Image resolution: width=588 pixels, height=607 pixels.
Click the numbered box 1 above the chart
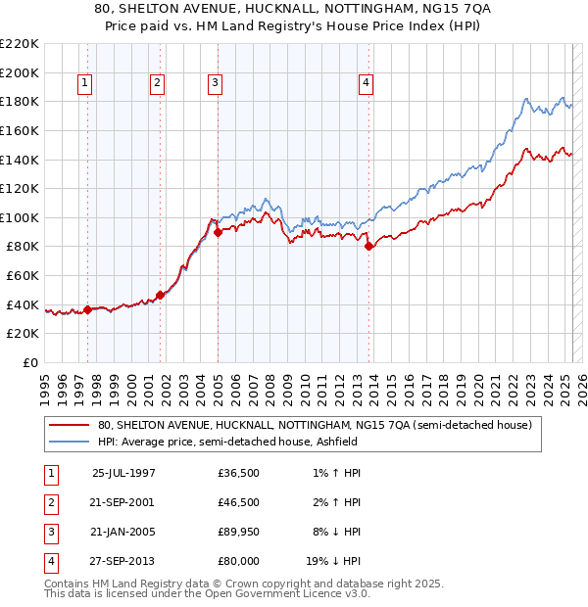coord(86,84)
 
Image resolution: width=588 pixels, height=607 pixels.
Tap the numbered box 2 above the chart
coord(157,84)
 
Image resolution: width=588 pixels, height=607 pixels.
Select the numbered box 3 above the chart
coord(214,84)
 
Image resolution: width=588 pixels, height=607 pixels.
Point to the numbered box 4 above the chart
coord(365,84)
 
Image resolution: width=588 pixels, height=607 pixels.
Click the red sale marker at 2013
coord(368,247)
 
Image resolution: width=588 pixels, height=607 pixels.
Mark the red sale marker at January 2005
coord(218,232)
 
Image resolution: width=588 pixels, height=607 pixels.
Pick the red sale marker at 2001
coord(160,295)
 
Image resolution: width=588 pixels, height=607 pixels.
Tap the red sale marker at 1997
coord(87,309)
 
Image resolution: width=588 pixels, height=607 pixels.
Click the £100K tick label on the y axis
coord(20,217)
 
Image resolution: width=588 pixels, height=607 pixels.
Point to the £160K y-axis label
coord(20,130)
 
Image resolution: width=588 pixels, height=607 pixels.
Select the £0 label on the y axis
coord(30,362)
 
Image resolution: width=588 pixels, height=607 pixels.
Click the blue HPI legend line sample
coord(69,442)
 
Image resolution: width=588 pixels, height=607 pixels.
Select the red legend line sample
coord(69,426)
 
